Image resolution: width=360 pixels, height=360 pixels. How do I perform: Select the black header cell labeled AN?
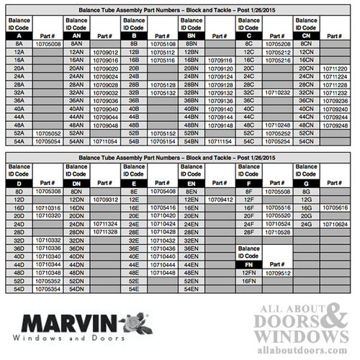click(x=76, y=35)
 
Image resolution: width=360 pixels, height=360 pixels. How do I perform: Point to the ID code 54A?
click(x=19, y=142)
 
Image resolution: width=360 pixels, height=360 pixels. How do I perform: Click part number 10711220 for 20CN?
click(x=336, y=68)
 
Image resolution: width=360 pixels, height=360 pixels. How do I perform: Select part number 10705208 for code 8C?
click(x=278, y=44)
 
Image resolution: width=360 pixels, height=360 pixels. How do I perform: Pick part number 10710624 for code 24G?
click(x=336, y=224)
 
